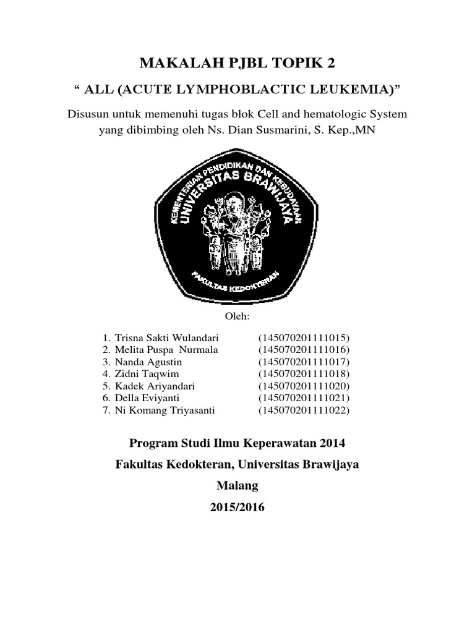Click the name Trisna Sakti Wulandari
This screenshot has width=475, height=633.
[166, 338]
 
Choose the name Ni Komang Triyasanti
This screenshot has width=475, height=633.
[163, 409]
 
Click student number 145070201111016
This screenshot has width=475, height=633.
[304, 350]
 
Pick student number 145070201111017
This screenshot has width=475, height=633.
[304, 362]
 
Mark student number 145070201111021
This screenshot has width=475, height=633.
[304, 397]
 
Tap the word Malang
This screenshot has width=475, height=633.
[237, 485]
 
